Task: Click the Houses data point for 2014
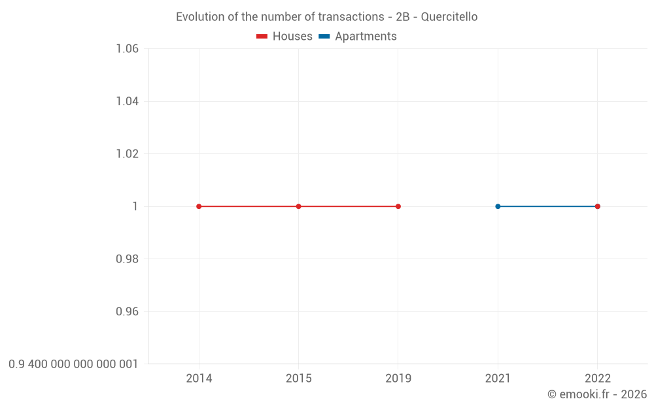point(199,206)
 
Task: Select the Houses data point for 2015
point(298,206)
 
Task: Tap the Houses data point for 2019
point(398,206)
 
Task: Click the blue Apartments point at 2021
point(498,206)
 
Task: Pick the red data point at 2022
point(597,206)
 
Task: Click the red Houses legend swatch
point(262,37)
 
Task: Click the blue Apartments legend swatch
point(324,37)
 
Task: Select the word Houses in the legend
point(292,37)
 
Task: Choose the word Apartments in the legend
point(366,37)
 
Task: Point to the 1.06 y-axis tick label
point(127,49)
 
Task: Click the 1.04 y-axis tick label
point(127,101)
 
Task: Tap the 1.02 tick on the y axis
point(127,154)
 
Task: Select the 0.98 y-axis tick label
point(127,259)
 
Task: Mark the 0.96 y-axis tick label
point(127,311)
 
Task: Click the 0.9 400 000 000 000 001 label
point(73,364)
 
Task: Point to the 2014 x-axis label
point(199,379)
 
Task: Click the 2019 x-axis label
point(398,379)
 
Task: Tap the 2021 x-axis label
point(498,379)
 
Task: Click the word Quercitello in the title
point(449,17)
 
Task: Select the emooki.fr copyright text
point(597,394)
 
